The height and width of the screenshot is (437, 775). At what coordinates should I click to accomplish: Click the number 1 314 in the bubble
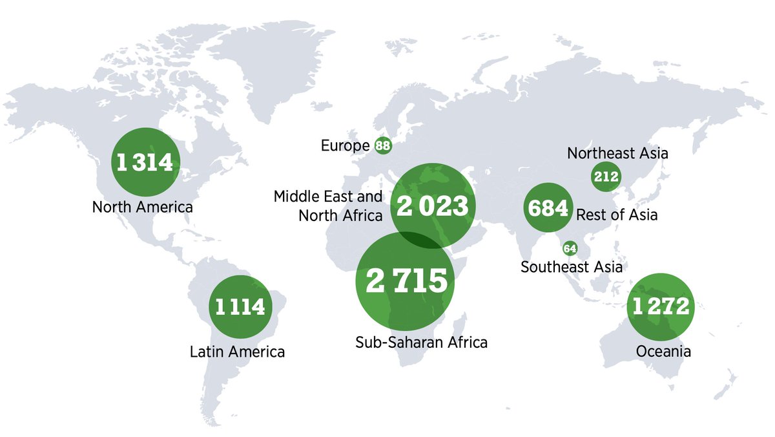click(x=145, y=162)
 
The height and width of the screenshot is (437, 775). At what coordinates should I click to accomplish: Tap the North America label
click(x=143, y=208)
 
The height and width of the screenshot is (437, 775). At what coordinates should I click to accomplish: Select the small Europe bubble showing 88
click(x=383, y=145)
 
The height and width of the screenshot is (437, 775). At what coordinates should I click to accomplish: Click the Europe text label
click(x=345, y=146)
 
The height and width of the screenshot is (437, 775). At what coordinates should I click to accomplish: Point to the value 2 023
click(x=432, y=206)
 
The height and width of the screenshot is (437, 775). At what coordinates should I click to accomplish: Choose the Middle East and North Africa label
click(x=328, y=206)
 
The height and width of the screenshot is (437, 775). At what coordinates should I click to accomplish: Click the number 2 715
click(x=406, y=281)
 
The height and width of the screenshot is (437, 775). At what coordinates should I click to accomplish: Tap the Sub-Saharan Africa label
click(x=421, y=342)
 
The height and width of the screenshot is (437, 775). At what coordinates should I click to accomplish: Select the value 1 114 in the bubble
click(x=240, y=307)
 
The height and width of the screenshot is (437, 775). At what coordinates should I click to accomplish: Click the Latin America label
click(x=237, y=352)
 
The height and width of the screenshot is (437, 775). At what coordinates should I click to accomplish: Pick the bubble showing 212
click(x=606, y=176)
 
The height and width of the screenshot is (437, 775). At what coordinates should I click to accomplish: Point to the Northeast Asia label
click(x=617, y=154)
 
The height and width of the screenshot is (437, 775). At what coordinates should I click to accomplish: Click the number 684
click(x=548, y=208)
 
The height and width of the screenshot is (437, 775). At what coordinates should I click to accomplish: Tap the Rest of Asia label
click(x=616, y=215)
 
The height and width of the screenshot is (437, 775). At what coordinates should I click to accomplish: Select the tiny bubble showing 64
click(x=570, y=248)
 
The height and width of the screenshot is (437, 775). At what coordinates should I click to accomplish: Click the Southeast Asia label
click(x=572, y=266)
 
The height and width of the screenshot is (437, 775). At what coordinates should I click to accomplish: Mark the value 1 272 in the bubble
click(x=661, y=306)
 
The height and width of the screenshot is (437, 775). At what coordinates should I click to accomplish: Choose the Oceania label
click(x=663, y=352)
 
